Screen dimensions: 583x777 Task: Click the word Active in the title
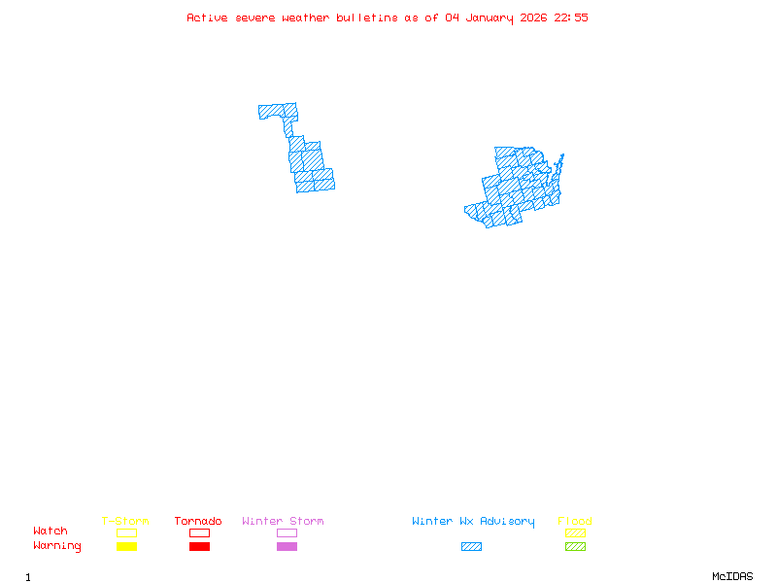(x=207, y=17)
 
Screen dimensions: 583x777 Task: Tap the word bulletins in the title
(x=367, y=17)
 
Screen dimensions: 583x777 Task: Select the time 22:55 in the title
(x=571, y=17)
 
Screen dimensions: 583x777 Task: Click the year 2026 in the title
(x=533, y=17)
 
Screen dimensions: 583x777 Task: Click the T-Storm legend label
(x=125, y=522)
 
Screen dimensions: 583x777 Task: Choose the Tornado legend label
(x=198, y=522)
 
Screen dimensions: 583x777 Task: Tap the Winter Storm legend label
(x=283, y=522)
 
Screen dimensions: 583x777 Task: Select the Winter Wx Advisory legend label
(x=473, y=522)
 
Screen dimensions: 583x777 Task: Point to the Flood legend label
(x=575, y=522)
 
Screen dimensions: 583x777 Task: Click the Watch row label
(x=51, y=532)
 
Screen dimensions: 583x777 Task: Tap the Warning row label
(x=57, y=546)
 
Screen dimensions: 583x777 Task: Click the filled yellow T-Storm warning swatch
(x=126, y=547)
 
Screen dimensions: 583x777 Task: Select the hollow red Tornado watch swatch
(x=199, y=532)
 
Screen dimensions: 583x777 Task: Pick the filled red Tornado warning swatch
(x=199, y=547)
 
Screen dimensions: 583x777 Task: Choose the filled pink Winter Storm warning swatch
(x=287, y=547)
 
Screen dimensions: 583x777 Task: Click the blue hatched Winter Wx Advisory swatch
(x=471, y=547)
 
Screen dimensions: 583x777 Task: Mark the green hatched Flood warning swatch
(x=575, y=547)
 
